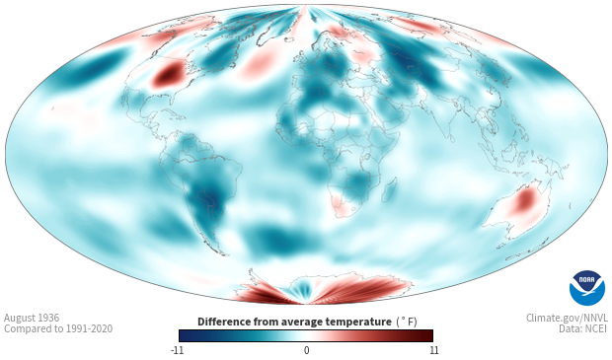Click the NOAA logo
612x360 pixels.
tap(587, 288)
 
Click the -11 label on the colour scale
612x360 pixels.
tap(177, 350)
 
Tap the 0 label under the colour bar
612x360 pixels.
tap(306, 350)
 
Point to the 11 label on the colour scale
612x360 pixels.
tap(433, 350)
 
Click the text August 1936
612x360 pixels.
tap(32, 318)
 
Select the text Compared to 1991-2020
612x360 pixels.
tap(58, 328)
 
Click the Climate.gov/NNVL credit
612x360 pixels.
tap(567, 318)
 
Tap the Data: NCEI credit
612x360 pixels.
tap(583, 328)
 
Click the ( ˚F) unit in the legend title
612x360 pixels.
tap(407, 322)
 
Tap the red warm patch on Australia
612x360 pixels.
tap(524, 199)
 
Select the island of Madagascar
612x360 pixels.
tap(390, 189)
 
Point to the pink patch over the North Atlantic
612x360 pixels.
tap(259, 63)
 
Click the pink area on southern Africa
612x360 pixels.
tap(342, 205)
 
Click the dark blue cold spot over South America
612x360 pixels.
tap(209, 194)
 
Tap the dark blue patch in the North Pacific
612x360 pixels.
tap(91, 69)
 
